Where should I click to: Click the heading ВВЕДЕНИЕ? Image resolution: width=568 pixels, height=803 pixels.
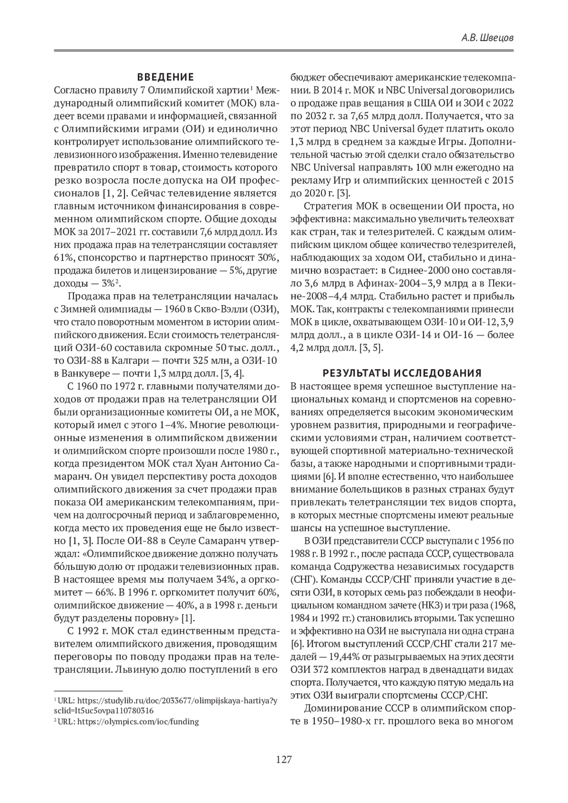click(165, 77)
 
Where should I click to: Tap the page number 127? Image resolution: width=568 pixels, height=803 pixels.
click(284, 760)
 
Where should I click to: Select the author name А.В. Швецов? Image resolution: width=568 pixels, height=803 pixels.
click(488, 38)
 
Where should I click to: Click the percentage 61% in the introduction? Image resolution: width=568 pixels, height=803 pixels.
click(64, 258)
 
